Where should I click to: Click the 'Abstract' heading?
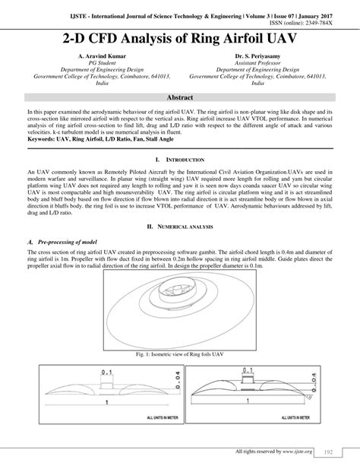(179, 98)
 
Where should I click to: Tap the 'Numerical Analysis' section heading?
(182, 227)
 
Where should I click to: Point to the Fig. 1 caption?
(179, 355)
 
